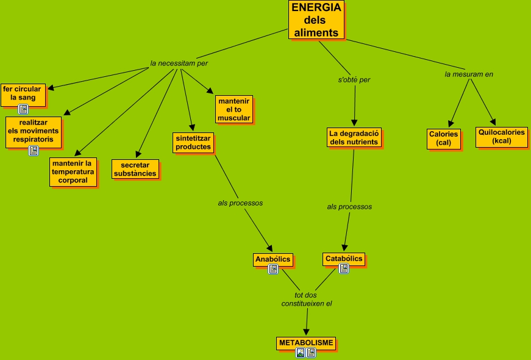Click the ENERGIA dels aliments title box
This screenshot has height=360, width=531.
point(316,20)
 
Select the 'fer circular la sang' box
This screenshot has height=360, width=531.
point(23,93)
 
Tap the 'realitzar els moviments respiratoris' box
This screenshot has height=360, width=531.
point(34,131)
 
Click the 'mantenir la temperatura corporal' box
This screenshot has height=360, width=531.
point(73,171)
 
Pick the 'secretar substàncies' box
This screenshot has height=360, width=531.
point(135,169)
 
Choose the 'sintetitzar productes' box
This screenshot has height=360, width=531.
point(193,142)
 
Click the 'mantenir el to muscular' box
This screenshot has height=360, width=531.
point(234,109)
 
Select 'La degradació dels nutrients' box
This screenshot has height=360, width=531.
point(354,137)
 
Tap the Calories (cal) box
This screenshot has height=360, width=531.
point(443,139)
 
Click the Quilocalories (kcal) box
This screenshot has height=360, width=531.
point(502,137)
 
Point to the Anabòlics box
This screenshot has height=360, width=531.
point(273,259)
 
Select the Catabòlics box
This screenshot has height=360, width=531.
point(344,259)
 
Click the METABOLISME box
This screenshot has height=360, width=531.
point(306,343)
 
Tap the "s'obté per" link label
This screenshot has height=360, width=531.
point(354,79)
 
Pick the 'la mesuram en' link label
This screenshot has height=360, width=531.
point(469,74)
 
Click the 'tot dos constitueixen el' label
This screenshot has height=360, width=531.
point(306,299)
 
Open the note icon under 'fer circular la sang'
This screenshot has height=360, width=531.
point(23,110)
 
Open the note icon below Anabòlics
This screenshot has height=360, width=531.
point(273,269)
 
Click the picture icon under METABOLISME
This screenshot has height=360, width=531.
point(300,353)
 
